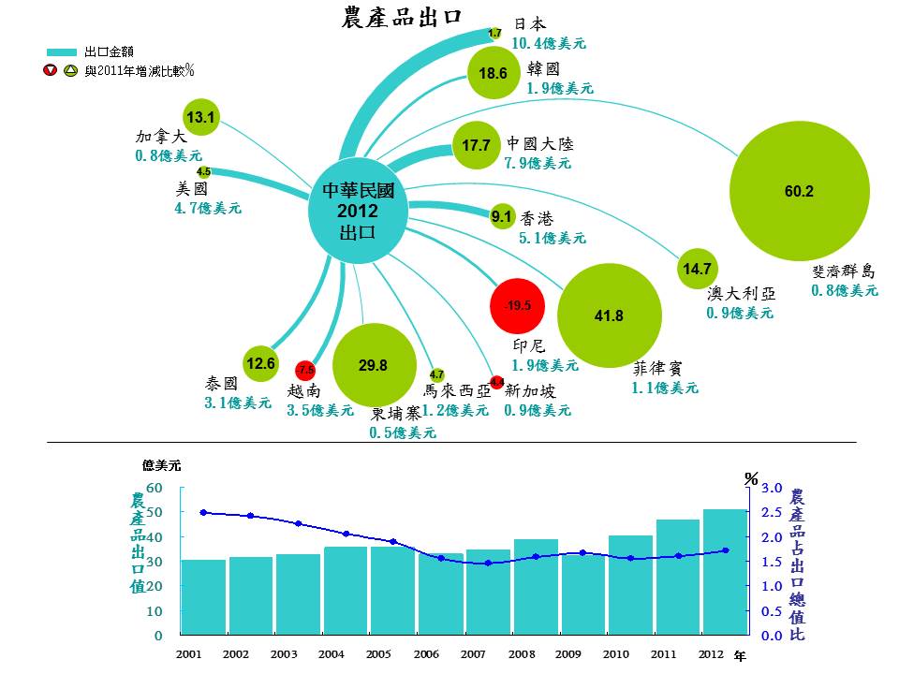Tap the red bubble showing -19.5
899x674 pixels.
click(518, 305)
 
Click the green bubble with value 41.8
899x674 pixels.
click(609, 315)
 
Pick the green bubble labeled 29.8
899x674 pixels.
click(373, 365)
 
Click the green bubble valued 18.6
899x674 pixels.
click(493, 72)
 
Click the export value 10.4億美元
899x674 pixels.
click(549, 43)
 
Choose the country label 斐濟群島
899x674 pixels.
click(844, 272)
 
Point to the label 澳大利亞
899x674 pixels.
click(742, 294)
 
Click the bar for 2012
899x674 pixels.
click(725, 572)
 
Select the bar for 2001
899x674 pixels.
click(203, 597)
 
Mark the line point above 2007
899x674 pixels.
click(488, 563)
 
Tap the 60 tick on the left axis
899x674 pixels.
click(154, 488)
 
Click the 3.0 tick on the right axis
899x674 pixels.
click(772, 488)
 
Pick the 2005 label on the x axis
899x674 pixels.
click(379, 652)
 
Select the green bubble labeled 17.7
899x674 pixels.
click(477, 145)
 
